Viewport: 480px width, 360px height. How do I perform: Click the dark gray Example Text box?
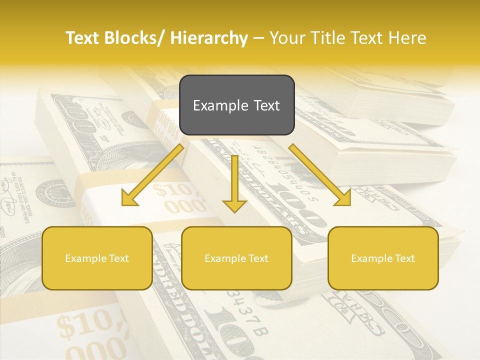[x=236, y=105]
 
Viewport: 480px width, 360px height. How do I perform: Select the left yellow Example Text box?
[x=97, y=258]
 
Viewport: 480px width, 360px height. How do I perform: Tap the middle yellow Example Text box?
[x=236, y=258]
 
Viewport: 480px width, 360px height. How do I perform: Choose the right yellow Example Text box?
[x=383, y=258]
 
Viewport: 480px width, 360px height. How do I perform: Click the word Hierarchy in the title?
[x=209, y=38]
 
